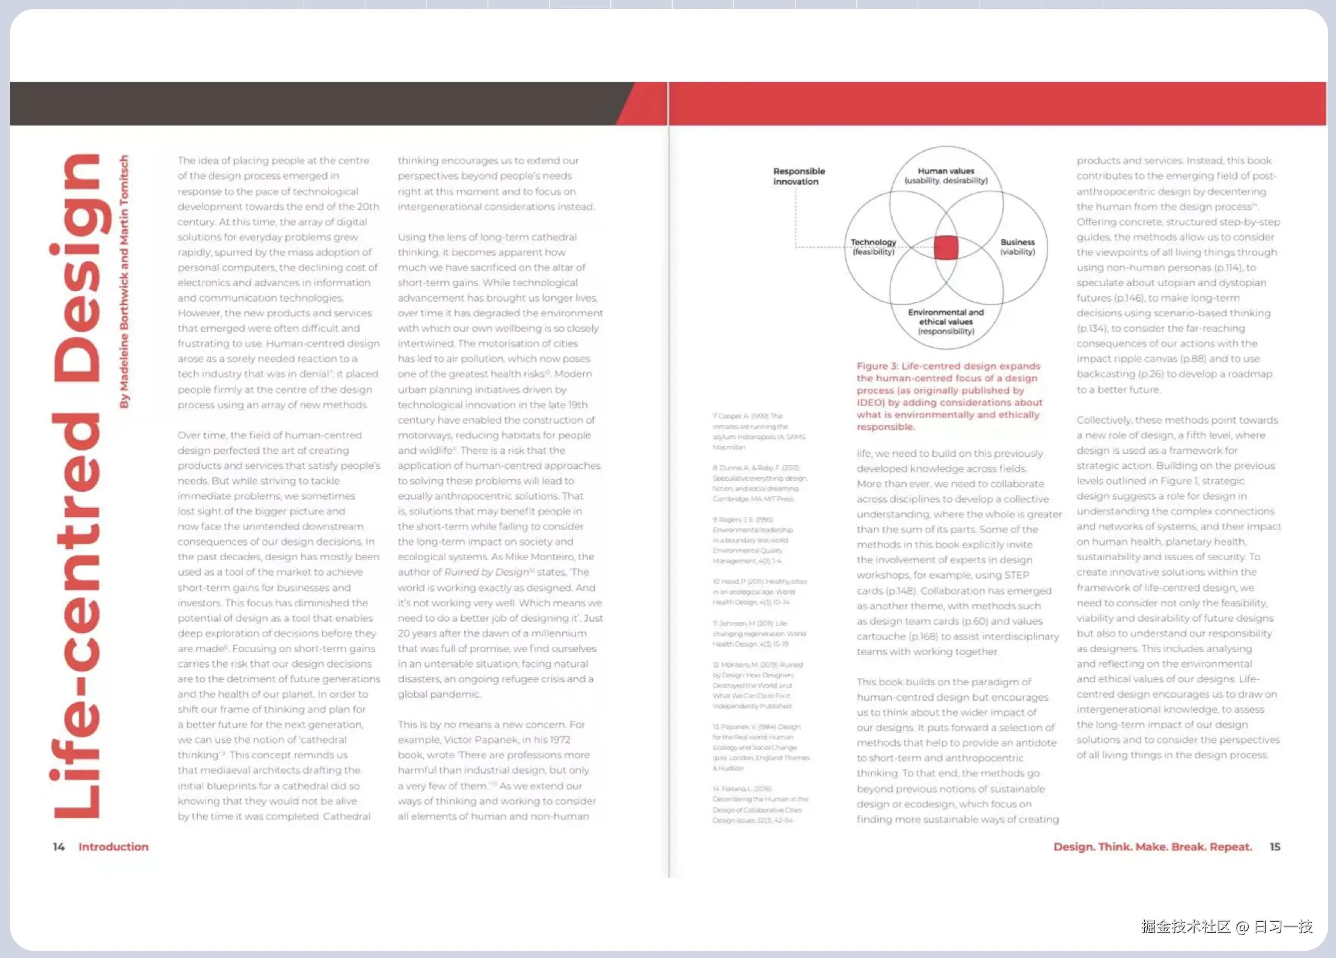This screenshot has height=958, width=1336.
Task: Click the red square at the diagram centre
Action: point(946,248)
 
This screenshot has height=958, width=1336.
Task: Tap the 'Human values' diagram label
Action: point(946,175)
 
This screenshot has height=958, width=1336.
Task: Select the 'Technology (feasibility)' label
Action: point(873,246)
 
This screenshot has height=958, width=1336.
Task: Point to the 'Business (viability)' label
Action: point(1017,246)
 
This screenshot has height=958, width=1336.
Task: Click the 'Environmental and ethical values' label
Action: point(946,322)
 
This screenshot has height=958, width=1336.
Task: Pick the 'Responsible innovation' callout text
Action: point(798,176)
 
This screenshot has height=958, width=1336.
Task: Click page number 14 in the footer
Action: point(58,847)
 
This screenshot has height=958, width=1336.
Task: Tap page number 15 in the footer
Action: point(1275,847)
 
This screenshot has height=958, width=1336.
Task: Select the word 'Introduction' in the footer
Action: point(113,847)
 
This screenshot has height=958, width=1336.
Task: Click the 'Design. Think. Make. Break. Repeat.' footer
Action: point(1152,847)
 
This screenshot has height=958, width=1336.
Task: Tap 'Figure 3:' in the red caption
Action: point(877,366)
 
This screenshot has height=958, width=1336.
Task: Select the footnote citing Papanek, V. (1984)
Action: point(761,747)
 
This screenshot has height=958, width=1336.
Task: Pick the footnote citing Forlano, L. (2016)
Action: point(760,804)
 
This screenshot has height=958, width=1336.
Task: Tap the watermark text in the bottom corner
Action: point(1226,926)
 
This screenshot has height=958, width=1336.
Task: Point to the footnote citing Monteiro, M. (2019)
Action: point(758,685)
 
